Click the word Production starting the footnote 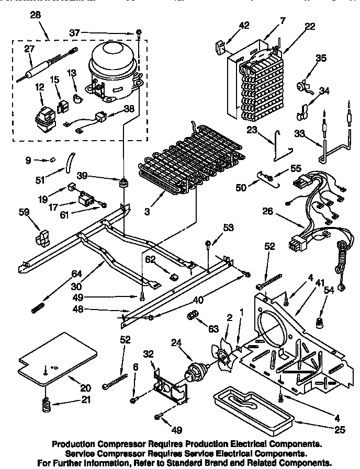[75, 443]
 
